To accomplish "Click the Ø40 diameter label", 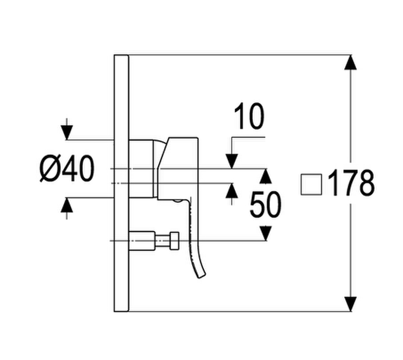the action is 67,168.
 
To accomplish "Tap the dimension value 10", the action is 249,116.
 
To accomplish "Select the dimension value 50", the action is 266,204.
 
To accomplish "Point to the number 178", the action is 351,184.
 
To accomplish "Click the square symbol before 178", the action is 311,184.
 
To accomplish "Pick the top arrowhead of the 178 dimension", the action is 351,62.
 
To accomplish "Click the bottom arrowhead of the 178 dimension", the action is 351,304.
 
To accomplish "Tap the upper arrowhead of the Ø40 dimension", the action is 67,132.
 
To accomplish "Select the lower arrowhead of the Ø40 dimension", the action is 67,205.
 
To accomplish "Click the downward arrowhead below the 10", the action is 232,161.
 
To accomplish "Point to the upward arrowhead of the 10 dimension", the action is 232,191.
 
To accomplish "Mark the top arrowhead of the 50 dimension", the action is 266,176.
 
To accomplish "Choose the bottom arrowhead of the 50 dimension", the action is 266,233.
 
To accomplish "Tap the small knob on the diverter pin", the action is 174,240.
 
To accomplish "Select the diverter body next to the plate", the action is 142,240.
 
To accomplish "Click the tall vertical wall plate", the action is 121,184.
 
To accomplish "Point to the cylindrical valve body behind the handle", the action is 141,169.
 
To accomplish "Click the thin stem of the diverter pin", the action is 163,240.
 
